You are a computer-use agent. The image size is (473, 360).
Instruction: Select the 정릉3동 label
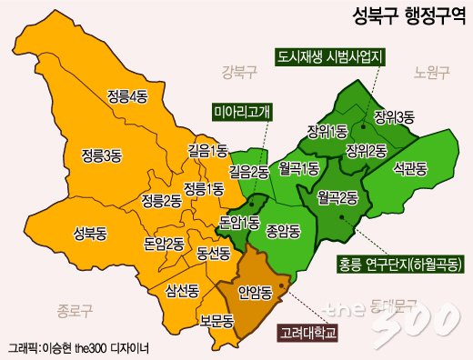click(x=101, y=154)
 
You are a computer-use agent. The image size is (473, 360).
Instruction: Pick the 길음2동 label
click(x=248, y=169)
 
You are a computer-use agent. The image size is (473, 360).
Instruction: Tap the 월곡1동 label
click(x=298, y=168)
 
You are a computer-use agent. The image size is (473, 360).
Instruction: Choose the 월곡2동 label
click(x=338, y=196)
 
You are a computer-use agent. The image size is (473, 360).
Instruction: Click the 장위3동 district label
click(x=394, y=115)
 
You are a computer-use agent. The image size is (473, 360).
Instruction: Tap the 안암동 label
click(x=253, y=294)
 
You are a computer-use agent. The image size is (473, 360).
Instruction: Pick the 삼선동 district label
click(x=182, y=291)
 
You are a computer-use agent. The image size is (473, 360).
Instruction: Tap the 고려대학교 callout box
click(x=307, y=333)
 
